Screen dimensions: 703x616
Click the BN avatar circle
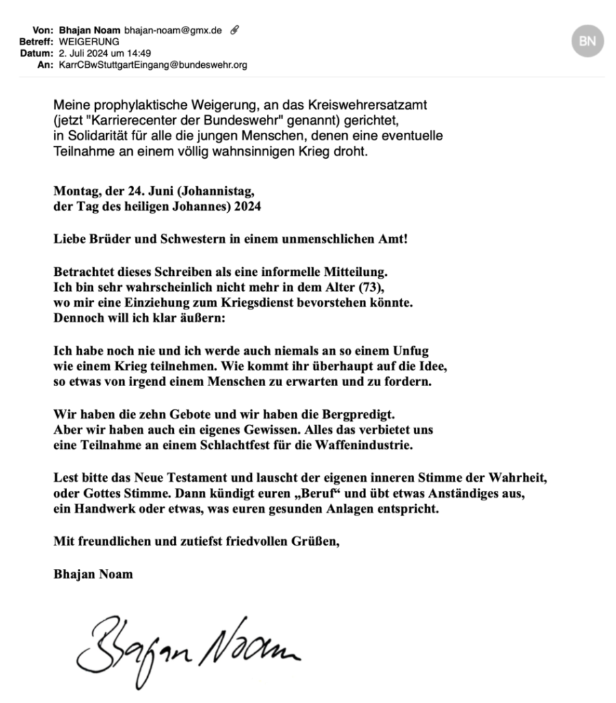click(x=587, y=41)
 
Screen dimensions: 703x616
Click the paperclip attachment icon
click(x=235, y=30)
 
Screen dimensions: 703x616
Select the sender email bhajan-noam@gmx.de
click(x=172, y=30)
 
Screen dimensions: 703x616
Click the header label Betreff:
click(x=35, y=42)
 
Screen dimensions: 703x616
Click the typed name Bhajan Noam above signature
click(x=93, y=574)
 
